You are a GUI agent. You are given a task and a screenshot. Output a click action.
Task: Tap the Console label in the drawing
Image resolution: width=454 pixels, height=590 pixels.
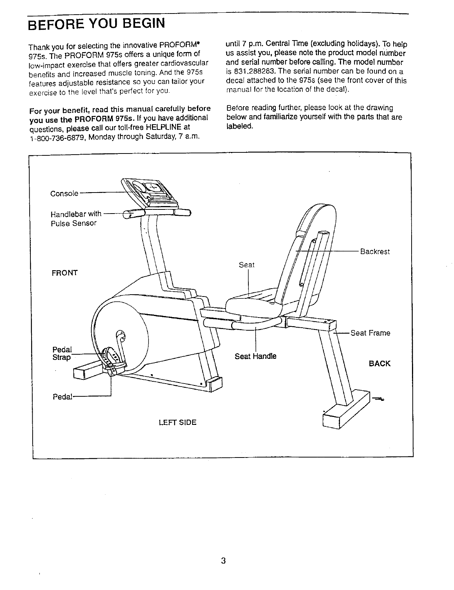[64, 194]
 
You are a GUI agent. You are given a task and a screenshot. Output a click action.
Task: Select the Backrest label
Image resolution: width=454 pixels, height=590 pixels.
[375, 251]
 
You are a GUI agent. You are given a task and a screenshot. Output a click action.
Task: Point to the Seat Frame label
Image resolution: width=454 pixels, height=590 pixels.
[370, 333]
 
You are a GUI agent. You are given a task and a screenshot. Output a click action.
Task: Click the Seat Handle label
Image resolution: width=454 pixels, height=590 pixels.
[256, 356]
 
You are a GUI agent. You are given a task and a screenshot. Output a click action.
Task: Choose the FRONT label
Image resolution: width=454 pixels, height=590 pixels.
[65, 273]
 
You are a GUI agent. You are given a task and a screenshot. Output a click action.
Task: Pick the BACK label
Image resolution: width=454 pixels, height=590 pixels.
[380, 363]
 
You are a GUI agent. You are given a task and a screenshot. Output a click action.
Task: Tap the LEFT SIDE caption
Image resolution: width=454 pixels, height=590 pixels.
[177, 422]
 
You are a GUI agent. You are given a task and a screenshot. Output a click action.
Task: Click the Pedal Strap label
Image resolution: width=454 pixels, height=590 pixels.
[62, 353]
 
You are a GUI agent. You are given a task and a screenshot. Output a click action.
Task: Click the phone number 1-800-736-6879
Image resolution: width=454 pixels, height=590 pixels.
[59, 137]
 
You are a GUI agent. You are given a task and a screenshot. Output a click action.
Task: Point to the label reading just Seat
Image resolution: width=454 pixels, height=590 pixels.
[247, 265]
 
